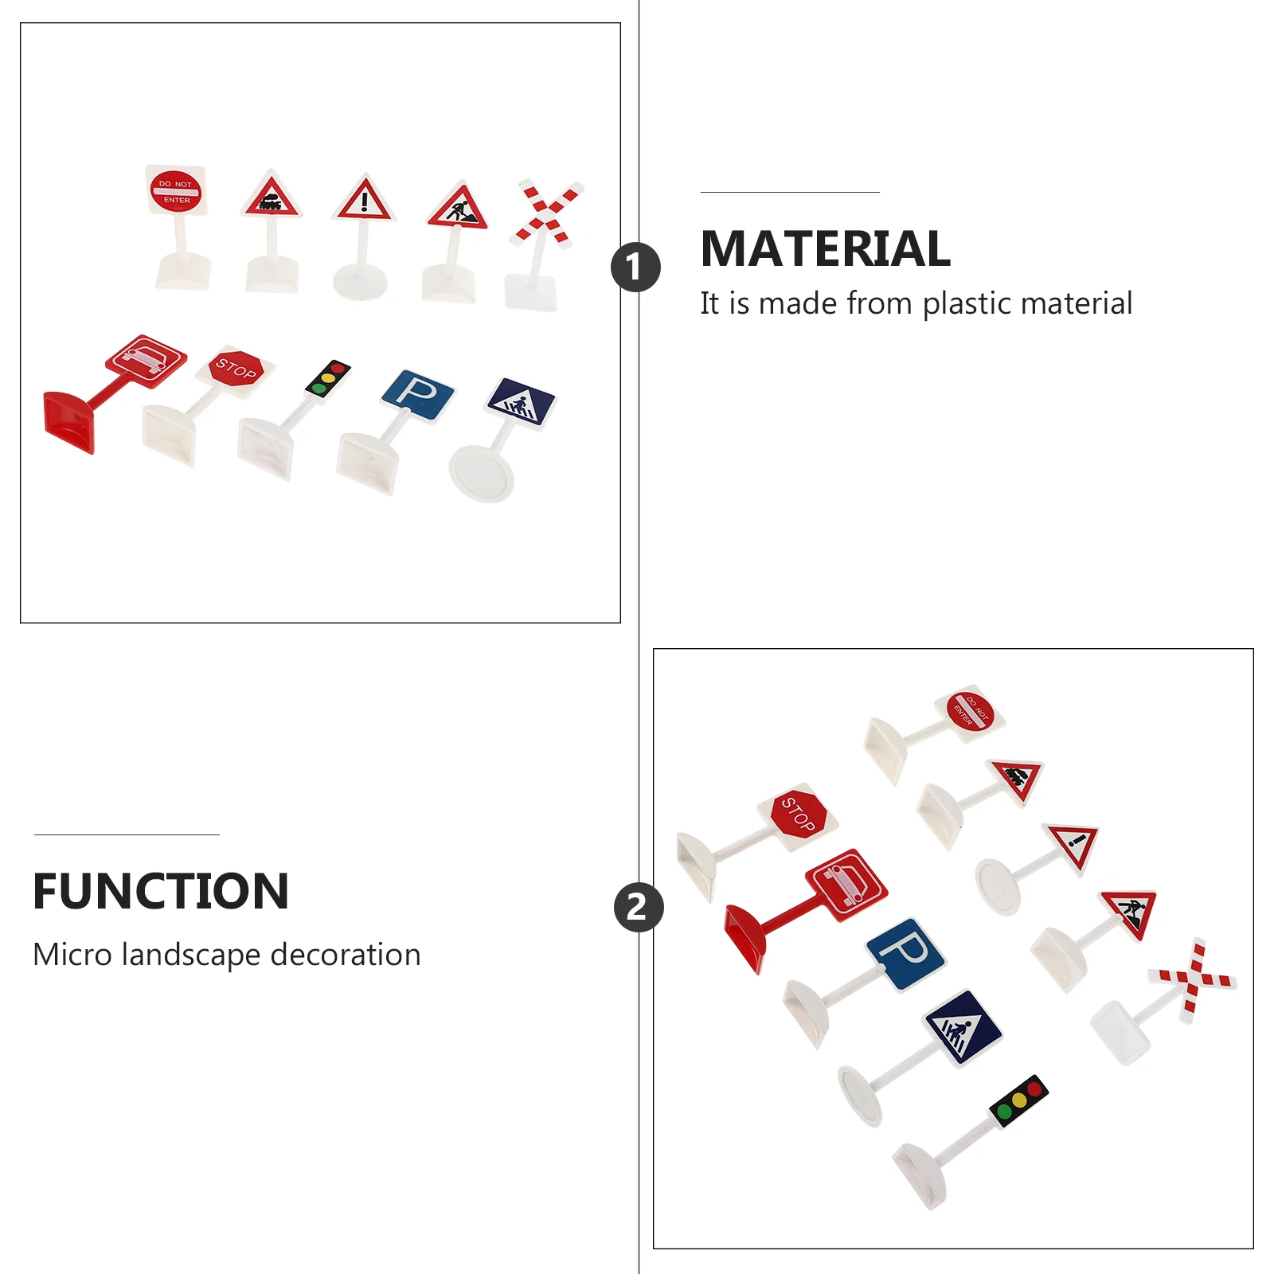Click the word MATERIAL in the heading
pyautogui.click(x=825, y=248)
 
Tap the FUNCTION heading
pyautogui.click(x=161, y=891)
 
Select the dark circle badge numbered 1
pyautogui.click(x=635, y=267)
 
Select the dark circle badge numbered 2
pyautogui.click(x=638, y=907)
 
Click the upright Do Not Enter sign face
pyautogui.click(x=176, y=191)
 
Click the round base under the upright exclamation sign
pyautogui.click(x=360, y=282)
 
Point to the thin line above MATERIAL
pyautogui.click(x=789, y=192)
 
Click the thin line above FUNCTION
pyautogui.click(x=127, y=834)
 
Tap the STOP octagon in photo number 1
pyautogui.click(x=236, y=369)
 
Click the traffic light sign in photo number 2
pyautogui.click(x=1019, y=1101)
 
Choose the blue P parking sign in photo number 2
pyautogui.click(x=906, y=953)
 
